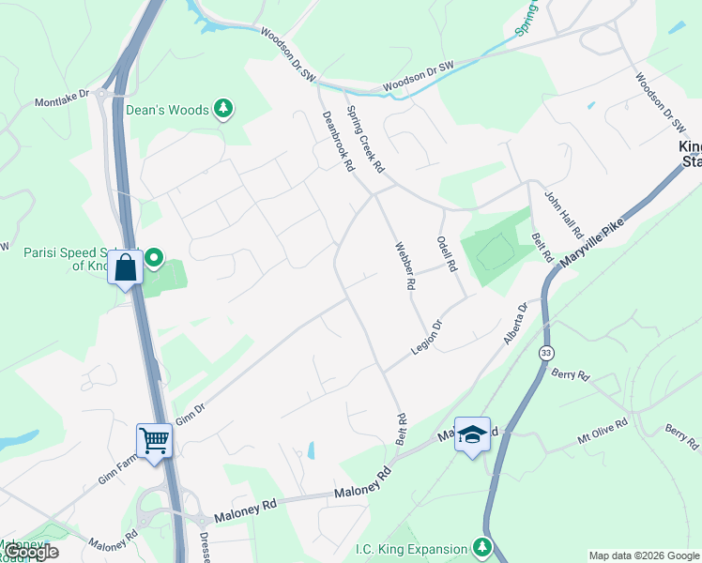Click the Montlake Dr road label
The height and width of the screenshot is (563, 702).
tap(62, 99)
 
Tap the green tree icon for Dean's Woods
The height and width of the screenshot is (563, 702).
tap(223, 110)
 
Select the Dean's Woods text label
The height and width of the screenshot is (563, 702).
tap(168, 110)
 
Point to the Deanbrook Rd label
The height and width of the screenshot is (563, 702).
tap(337, 141)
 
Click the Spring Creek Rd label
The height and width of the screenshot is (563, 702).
tap(366, 139)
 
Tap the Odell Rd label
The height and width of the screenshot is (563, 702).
tap(446, 252)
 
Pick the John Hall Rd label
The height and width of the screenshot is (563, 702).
tap(565, 215)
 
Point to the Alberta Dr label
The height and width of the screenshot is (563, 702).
tap(516, 323)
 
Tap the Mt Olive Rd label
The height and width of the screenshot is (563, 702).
tap(602, 431)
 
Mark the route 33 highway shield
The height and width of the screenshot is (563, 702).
tap(546, 354)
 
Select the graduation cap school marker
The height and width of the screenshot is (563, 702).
tap(472, 434)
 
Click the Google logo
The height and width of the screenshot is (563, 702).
tap(30, 552)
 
